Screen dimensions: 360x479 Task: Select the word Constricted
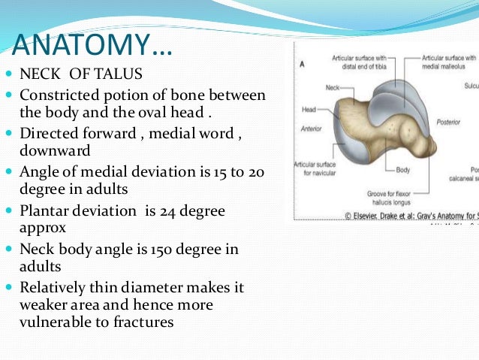click(x=59, y=96)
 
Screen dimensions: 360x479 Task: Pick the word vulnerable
click(x=55, y=322)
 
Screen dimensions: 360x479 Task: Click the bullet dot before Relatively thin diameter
click(x=8, y=288)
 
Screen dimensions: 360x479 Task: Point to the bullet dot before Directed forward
click(x=8, y=135)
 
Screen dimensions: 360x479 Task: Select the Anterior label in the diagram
click(x=311, y=129)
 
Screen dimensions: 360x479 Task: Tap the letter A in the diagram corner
click(x=302, y=64)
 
